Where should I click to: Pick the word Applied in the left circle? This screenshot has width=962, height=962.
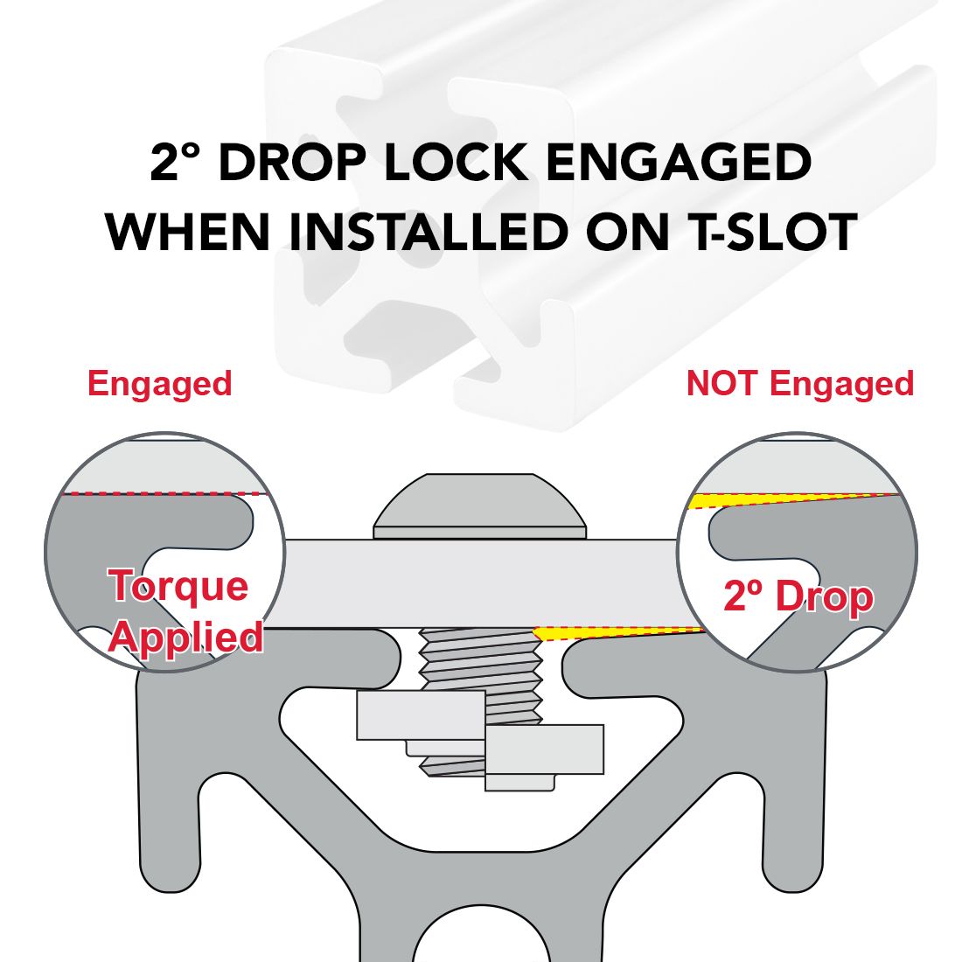point(186,638)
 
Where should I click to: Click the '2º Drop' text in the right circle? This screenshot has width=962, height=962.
point(798,597)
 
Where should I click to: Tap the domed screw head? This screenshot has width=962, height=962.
point(480,506)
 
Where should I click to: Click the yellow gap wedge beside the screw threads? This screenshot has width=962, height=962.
point(570,633)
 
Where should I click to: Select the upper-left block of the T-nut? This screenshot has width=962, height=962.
point(421,715)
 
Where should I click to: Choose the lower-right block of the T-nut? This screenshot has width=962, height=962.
point(544,749)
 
